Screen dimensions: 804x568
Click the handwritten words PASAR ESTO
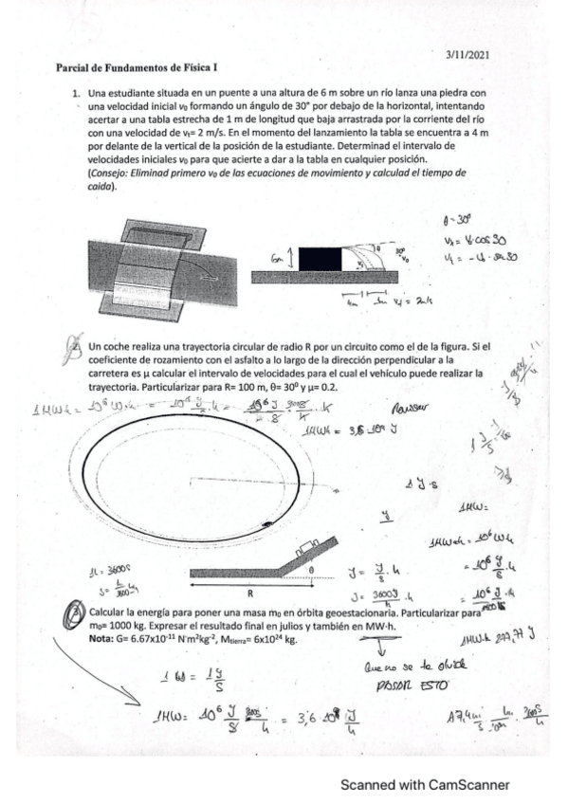(x=396, y=678)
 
